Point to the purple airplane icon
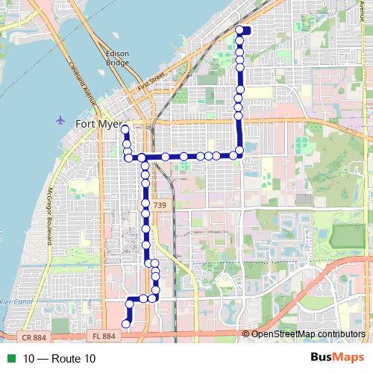(60, 120)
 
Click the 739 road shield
(160, 204)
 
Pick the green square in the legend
(10, 359)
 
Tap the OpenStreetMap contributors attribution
(307, 333)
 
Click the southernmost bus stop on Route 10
(125, 324)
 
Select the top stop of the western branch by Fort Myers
(125, 130)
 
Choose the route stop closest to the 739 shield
(145, 203)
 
